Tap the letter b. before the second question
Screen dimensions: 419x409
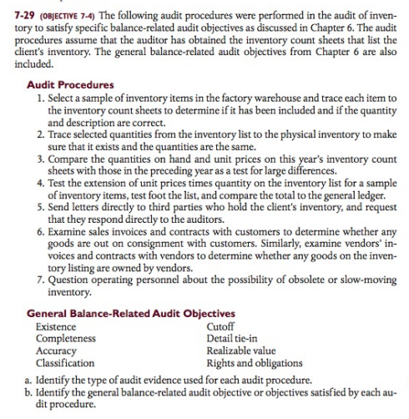click(29, 391)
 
